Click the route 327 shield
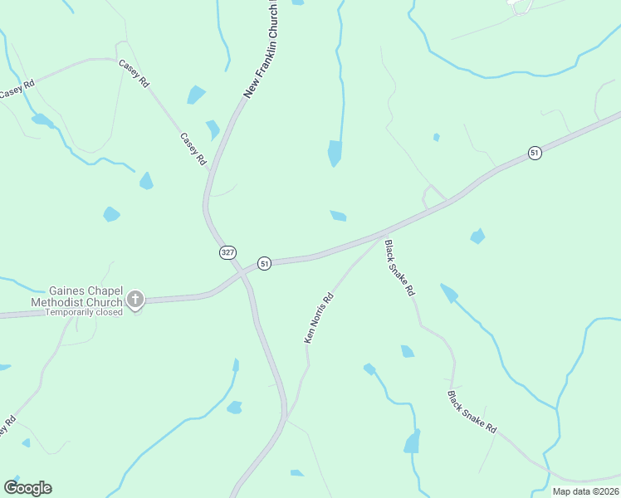coord(227,251)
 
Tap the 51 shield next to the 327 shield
coord(264,263)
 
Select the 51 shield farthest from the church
coord(535,153)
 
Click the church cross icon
coord(134,299)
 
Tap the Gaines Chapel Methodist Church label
coord(86,297)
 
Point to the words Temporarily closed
coord(84,312)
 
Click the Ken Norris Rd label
coord(319,318)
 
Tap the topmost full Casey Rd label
coord(133,73)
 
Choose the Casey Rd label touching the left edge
coord(17,89)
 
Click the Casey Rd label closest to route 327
coord(193,148)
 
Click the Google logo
coord(27,488)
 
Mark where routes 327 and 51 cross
coord(242,270)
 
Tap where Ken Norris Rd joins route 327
coord(286,415)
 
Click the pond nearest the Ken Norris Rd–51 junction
coord(338,217)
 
